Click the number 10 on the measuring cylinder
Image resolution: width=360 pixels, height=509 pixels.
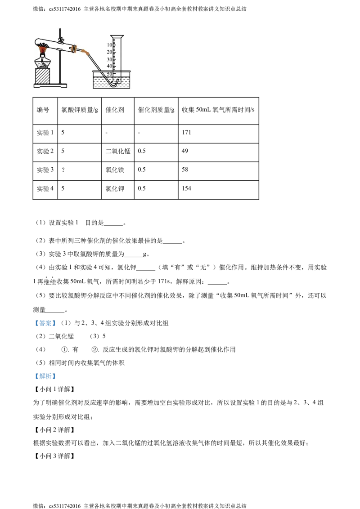(109, 45)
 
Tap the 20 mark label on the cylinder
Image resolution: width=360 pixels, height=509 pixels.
(109, 52)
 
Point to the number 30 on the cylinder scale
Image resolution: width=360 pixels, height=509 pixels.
(109, 59)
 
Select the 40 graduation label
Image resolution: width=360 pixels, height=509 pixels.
(109, 66)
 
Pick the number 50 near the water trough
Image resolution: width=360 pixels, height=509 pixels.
(109, 73)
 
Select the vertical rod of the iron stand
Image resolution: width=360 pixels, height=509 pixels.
(59, 63)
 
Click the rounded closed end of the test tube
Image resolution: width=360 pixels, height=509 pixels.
(36, 42)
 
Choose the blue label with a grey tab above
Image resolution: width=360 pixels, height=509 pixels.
(45, 323)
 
